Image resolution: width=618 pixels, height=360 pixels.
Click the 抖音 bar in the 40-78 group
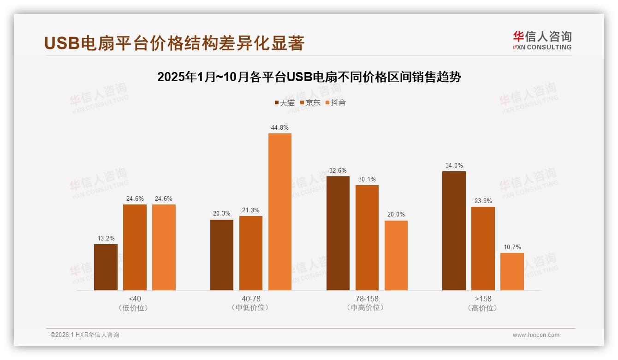point(280,212)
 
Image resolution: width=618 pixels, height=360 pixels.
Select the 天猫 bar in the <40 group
point(106,267)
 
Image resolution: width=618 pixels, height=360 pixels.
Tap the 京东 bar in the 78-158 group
point(367,238)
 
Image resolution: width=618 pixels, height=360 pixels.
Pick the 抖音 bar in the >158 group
point(512,271)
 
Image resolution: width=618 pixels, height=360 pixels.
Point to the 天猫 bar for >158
point(454,231)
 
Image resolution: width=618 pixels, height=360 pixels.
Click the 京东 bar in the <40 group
point(135,247)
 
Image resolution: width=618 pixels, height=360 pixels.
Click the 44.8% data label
point(280,128)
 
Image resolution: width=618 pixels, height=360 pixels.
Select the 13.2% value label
point(106,239)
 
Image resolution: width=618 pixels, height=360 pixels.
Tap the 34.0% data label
point(454,166)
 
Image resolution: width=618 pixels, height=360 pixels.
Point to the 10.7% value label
point(512,247)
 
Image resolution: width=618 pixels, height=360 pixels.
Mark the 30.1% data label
point(367,180)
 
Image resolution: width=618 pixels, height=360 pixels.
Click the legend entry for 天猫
point(285,103)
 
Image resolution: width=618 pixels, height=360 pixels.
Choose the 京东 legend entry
point(310,103)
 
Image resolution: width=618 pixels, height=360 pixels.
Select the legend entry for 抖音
point(336,103)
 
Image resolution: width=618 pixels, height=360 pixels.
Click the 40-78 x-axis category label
point(251,299)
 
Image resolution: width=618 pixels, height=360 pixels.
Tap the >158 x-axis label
point(483,299)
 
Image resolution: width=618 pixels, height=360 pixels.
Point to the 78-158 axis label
point(367,299)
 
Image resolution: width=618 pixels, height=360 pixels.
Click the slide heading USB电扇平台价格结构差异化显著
point(174,43)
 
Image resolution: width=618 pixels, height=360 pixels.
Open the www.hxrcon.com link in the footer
point(536,335)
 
